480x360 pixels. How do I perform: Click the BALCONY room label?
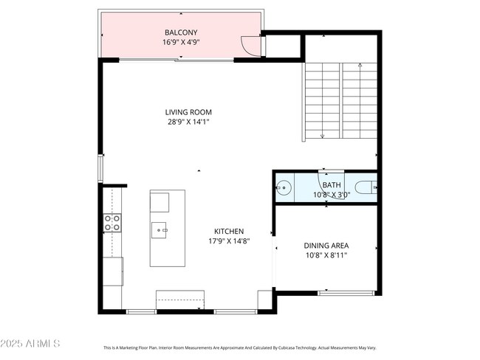[x=181, y=32]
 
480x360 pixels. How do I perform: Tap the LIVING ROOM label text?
[x=188, y=112]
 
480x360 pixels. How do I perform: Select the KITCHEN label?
[x=229, y=231]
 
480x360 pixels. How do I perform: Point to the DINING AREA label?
[x=326, y=246]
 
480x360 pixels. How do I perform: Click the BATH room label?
[x=332, y=184]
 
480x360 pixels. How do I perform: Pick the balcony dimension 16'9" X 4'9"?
[x=181, y=42]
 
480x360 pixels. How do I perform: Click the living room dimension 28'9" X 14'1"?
[x=188, y=122]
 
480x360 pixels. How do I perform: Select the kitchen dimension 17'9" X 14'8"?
[x=229, y=240]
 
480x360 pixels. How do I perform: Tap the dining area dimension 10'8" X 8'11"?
[x=326, y=255]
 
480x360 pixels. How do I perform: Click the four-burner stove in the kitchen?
[x=112, y=223]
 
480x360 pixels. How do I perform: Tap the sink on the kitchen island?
[x=159, y=230]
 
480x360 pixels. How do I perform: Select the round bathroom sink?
[x=284, y=187]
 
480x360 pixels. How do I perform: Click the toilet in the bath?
[x=366, y=187]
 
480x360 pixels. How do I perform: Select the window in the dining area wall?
[x=346, y=293]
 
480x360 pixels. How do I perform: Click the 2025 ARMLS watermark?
[x=30, y=344]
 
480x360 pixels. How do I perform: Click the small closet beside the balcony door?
[x=283, y=46]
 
